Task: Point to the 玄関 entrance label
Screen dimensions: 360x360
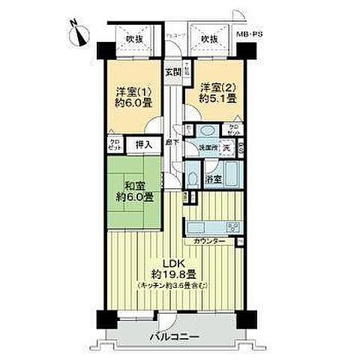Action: pyautogui.click(x=172, y=72)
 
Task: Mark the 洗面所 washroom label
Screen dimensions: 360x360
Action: pyautogui.click(x=207, y=148)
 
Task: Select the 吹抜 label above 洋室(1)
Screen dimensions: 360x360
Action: pyautogui.click(x=134, y=38)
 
